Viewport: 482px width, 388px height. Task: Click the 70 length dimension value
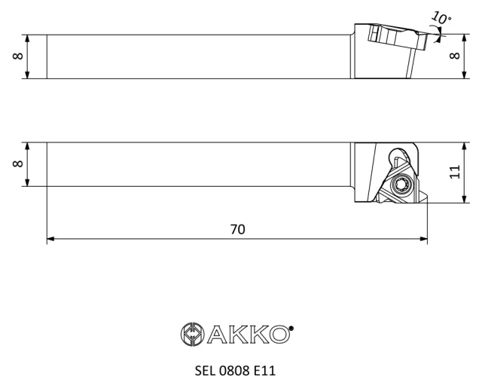[238, 229]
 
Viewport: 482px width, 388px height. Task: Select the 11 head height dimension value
[455, 172]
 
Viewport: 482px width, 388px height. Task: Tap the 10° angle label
[442, 17]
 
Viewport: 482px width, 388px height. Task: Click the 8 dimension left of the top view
[18, 56]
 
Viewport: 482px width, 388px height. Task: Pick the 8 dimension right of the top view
[455, 55]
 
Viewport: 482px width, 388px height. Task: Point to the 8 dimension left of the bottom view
[18, 163]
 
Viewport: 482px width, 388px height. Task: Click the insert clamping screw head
[402, 185]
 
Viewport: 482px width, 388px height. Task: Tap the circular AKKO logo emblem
[193, 335]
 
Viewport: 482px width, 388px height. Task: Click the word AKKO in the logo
[249, 335]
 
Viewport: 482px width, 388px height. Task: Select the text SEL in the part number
[205, 371]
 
